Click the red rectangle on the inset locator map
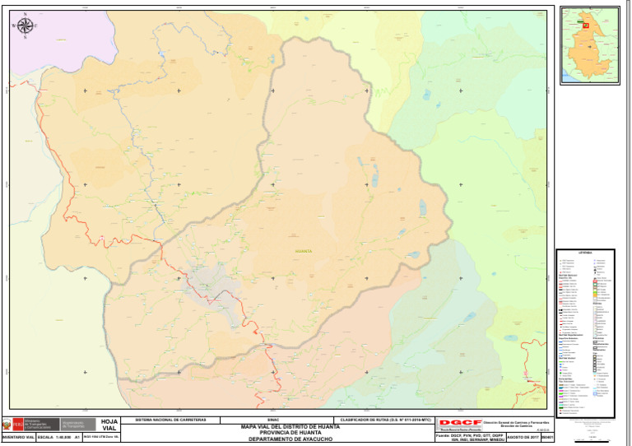click(586, 26)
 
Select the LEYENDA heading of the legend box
click(585, 253)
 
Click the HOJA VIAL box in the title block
click(110, 425)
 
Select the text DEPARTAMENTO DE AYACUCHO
click(278, 439)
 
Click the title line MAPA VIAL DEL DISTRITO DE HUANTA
click(278, 426)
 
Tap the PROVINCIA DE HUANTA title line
click(278, 432)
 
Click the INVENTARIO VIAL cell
click(18, 437)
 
